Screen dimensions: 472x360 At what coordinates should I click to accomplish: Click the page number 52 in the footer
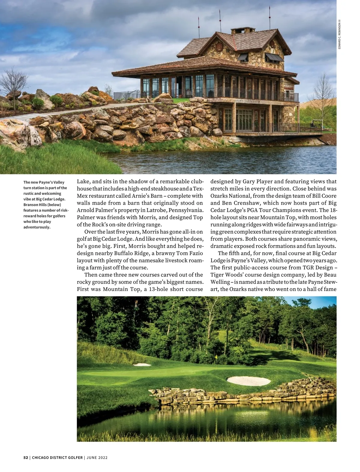(25, 458)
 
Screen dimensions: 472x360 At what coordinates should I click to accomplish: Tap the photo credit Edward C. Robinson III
(339, 34)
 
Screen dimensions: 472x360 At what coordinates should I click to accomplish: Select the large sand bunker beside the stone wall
(249, 381)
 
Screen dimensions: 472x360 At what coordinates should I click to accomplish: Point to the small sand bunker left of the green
(142, 364)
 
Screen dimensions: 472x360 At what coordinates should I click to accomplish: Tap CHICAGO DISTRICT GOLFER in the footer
(57, 458)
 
